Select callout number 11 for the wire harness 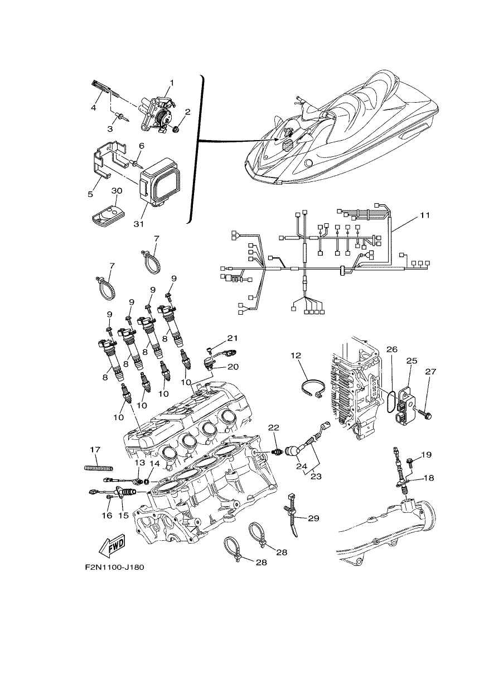[x=425, y=215]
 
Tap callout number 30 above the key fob [x=116, y=191]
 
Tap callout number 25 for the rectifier [x=412, y=361]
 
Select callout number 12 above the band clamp [x=296, y=355]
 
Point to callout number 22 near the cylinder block [x=274, y=427]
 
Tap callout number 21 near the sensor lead [x=233, y=338]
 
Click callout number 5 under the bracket [x=90, y=194]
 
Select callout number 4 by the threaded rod [x=93, y=108]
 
